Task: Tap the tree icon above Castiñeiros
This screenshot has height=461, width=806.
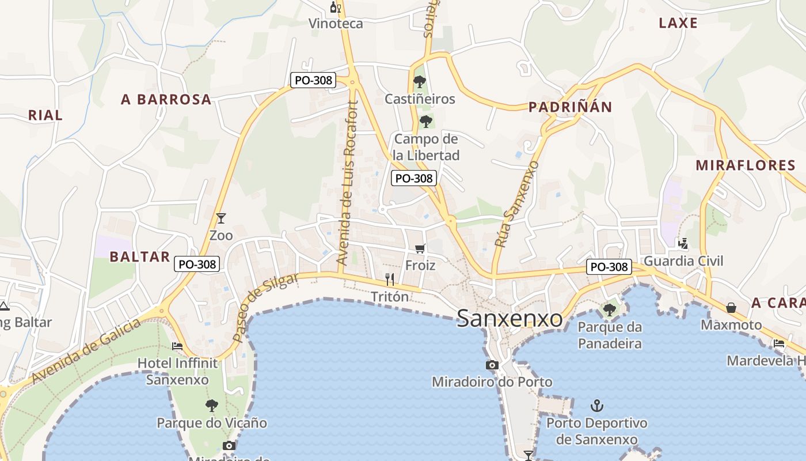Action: pos(420,82)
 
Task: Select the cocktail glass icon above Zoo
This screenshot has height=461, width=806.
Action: pos(220,218)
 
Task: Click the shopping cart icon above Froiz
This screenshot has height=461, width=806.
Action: pos(420,249)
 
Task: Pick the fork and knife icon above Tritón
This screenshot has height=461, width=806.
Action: pos(390,279)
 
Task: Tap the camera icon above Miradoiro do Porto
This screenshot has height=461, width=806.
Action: pos(492,365)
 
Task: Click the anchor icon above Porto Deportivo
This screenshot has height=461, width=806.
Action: pos(597,406)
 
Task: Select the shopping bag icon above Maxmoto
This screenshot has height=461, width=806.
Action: pos(731,308)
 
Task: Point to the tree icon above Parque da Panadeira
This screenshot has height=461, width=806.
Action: pos(609,310)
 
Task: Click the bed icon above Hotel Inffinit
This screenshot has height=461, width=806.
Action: pos(177,346)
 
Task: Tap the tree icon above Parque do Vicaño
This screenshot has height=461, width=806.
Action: pos(212,406)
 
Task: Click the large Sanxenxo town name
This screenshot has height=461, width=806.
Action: pos(510,318)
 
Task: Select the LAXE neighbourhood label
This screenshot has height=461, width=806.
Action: pos(678,23)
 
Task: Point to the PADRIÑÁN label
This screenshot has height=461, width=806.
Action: pos(570,107)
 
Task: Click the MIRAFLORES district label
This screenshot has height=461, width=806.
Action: pos(746,165)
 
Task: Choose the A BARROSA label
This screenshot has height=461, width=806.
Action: pos(166,100)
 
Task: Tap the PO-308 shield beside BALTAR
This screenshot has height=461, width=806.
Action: pos(197,264)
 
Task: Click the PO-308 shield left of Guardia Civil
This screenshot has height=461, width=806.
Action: pos(609,267)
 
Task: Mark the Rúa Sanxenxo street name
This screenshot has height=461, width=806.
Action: pos(516,205)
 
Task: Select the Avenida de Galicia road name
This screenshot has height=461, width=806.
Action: pos(86,352)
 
